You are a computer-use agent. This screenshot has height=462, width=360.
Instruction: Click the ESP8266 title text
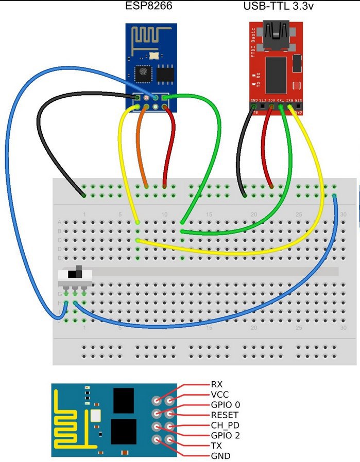tap(149, 7)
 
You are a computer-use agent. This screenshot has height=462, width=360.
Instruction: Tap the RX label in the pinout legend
tap(217, 384)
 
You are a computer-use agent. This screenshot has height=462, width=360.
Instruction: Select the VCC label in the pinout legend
tap(219, 395)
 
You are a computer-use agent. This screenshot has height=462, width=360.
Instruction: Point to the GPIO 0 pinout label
tap(225, 405)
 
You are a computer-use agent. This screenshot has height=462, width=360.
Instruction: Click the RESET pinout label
tap(224, 415)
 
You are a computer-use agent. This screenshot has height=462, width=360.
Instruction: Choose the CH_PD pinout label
tap(225, 425)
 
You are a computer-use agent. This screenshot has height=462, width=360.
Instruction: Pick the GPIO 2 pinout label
tap(225, 436)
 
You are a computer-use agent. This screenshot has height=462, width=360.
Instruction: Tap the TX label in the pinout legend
tap(216, 446)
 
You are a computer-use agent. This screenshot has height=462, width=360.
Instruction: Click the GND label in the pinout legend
tap(219, 456)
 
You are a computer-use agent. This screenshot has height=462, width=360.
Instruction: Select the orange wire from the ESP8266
tap(143, 149)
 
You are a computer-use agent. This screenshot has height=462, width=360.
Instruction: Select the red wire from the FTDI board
tap(266, 149)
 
